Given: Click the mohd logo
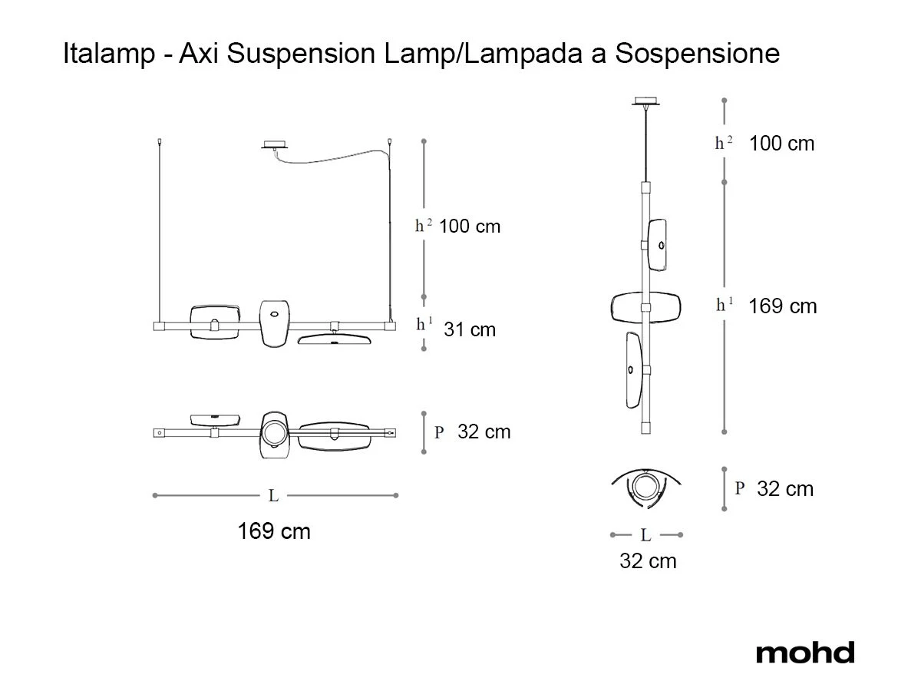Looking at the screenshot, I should (x=804, y=653).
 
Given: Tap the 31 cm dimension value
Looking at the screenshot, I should (x=470, y=330).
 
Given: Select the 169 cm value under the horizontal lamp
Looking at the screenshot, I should (x=274, y=531).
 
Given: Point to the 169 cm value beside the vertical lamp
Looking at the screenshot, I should (x=783, y=306).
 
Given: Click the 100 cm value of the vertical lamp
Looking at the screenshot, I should (x=781, y=144).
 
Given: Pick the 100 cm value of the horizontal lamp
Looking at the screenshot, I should (x=470, y=226).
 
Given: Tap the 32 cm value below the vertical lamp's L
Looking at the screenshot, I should (x=648, y=561).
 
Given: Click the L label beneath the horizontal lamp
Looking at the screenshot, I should (x=273, y=496).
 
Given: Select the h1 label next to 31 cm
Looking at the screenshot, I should (x=424, y=324).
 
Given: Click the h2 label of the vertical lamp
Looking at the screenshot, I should (x=724, y=143).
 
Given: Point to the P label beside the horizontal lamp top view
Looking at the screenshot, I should (x=439, y=432).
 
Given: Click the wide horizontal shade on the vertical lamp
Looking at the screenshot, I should (x=645, y=307).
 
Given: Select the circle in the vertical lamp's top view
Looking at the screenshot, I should (x=646, y=487).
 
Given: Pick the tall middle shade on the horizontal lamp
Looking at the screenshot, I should (x=275, y=322).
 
